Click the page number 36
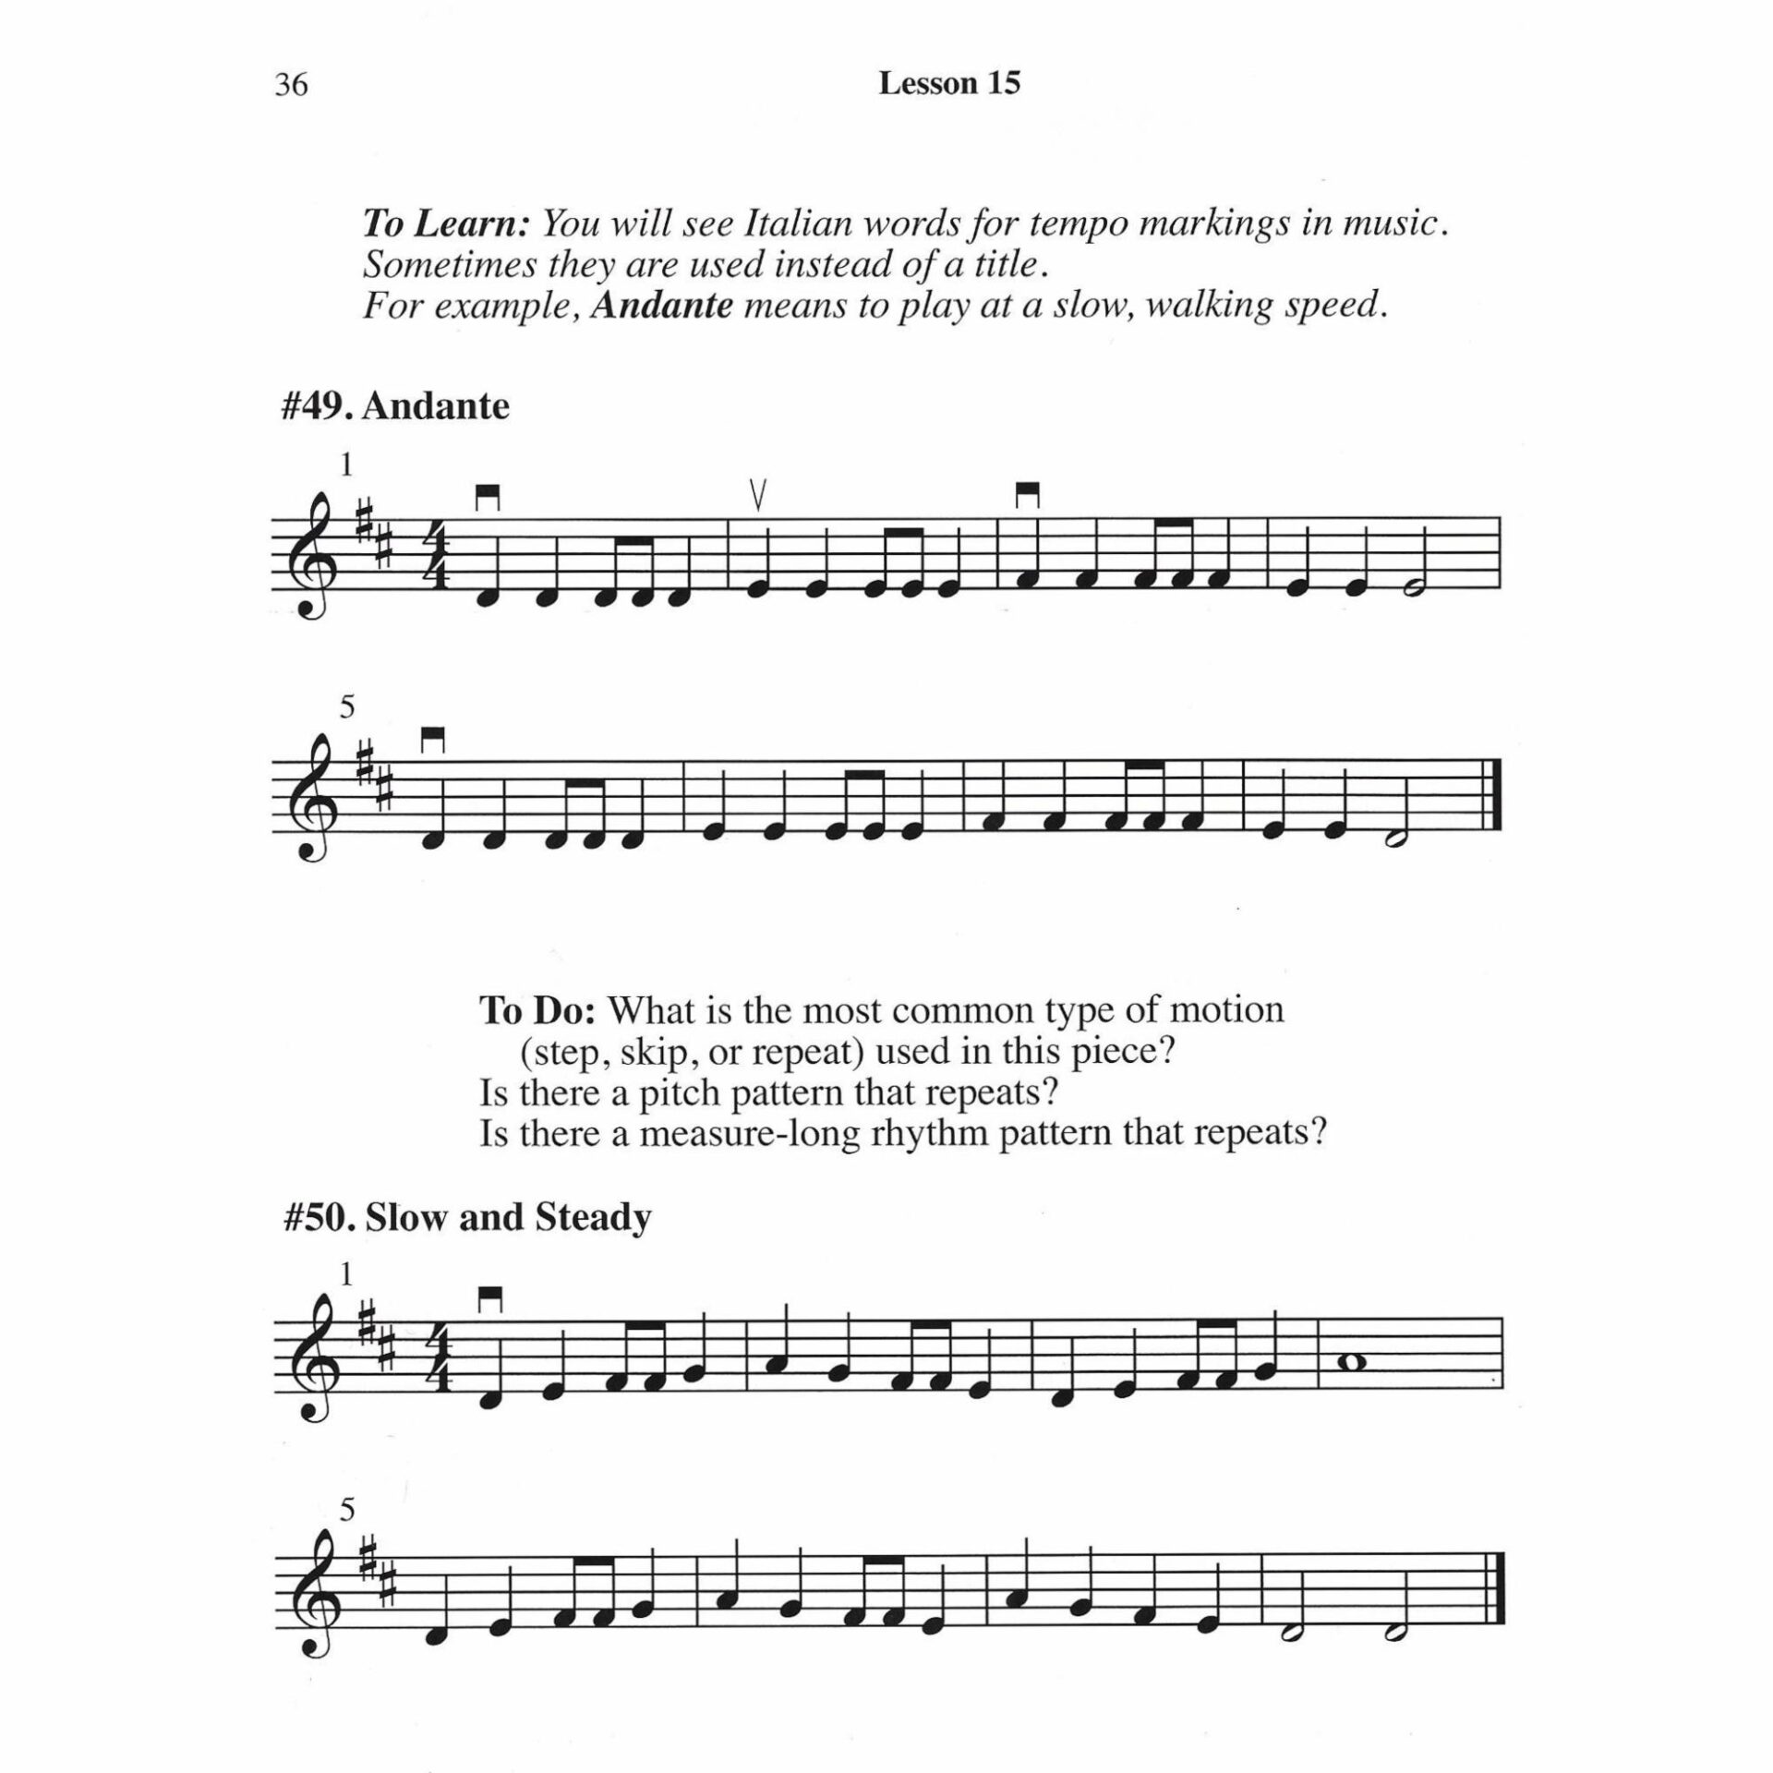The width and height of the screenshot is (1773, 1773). click(x=291, y=85)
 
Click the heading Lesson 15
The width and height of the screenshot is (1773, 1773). click(x=948, y=84)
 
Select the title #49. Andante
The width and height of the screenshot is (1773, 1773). click(x=394, y=406)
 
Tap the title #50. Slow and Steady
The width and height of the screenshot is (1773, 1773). click(x=466, y=1217)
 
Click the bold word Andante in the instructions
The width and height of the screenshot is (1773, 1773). click(x=662, y=305)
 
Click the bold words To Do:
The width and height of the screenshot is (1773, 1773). click(x=538, y=1010)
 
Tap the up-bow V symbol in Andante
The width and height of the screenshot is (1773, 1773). click(x=758, y=497)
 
